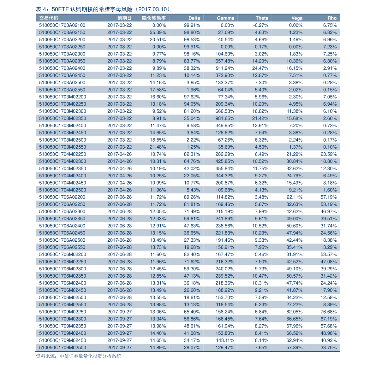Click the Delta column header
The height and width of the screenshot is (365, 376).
click(x=194, y=18)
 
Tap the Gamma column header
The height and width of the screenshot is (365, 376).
click(x=225, y=18)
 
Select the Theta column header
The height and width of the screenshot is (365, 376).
click(x=262, y=18)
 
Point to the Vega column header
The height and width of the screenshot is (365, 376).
click(x=297, y=18)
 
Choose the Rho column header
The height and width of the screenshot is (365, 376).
click(x=332, y=18)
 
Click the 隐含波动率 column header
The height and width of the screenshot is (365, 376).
click(x=154, y=18)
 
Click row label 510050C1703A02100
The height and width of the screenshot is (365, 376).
click(x=62, y=25)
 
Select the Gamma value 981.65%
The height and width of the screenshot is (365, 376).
click(x=225, y=118)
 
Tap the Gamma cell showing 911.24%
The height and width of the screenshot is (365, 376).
click(x=225, y=68)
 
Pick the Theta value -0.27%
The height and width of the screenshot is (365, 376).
click(x=261, y=25)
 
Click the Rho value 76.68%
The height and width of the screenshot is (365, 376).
click(x=329, y=312)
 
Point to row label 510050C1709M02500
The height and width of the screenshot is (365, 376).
click(x=63, y=347)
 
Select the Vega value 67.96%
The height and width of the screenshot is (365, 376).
click(x=294, y=326)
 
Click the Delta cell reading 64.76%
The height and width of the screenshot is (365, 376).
click(x=192, y=161)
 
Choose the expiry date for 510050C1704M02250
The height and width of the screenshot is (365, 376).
click(x=119, y=154)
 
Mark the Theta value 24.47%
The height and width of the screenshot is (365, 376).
click(x=260, y=68)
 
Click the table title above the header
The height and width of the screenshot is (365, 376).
click(x=103, y=9)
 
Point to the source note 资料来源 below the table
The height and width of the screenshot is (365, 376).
click(x=78, y=356)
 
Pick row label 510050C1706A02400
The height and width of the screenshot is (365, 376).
click(x=62, y=226)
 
